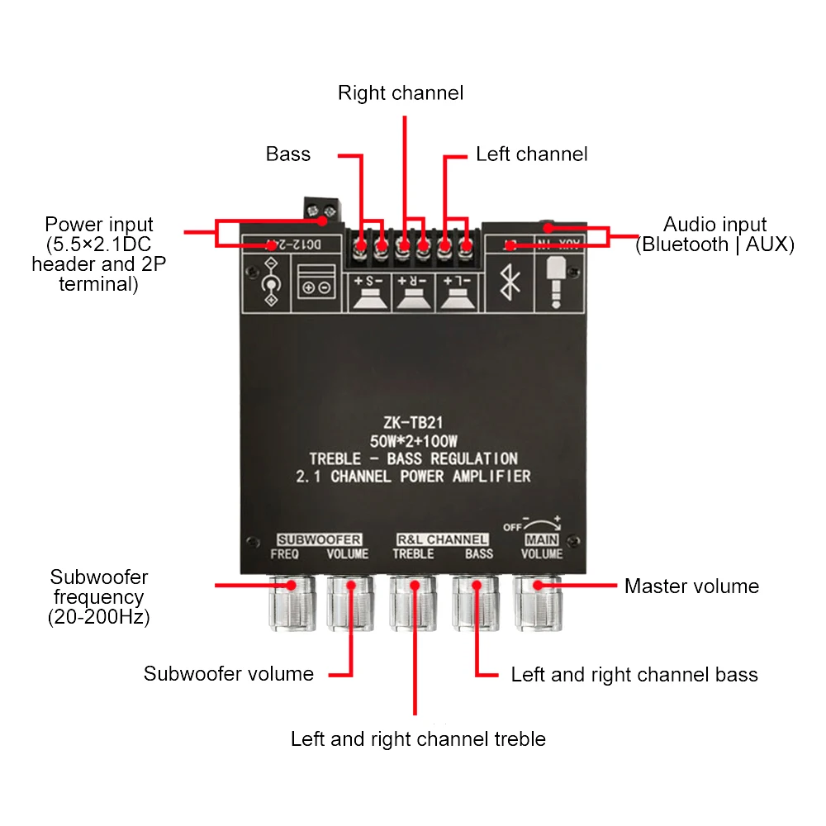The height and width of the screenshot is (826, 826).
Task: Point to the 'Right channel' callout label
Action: (x=401, y=93)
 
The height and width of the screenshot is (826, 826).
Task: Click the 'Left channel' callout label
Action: (x=531, y=154)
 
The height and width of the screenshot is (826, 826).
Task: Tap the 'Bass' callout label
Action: (x=288, y=154)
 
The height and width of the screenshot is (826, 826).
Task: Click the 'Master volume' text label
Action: (x=691, y=586)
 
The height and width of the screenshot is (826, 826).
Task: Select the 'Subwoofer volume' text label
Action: (x=229, y=674)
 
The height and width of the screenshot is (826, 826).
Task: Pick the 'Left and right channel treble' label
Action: (x=418, y=738)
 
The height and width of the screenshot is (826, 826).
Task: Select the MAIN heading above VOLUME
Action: (x=543, y=539)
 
